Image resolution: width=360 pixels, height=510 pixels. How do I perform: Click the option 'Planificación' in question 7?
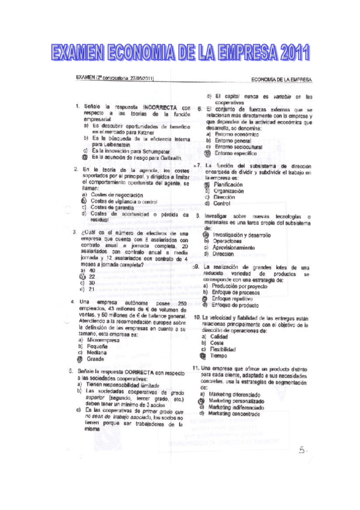point(229,184)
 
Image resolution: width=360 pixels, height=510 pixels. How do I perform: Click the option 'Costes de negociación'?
point(117,195)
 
